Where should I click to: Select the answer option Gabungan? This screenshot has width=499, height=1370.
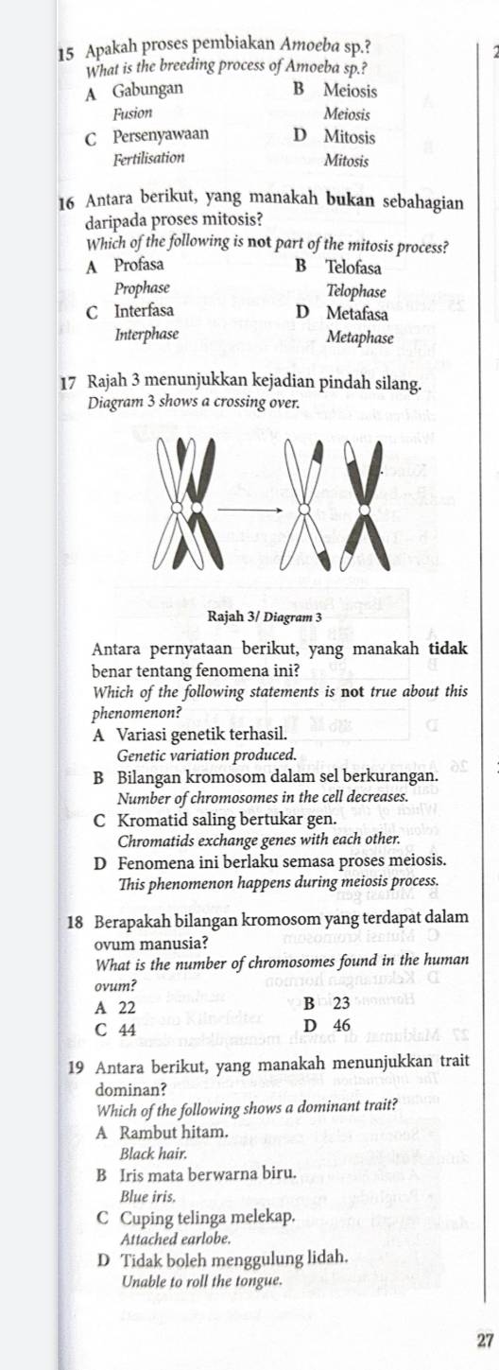coord(148,91)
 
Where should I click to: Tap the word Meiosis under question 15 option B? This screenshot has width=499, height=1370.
coord(350,92)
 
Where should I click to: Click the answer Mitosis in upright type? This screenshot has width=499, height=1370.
coord(349,137)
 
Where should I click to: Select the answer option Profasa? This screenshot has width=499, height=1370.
coord(138,265)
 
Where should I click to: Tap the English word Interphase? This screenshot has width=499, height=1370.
coord(146,335)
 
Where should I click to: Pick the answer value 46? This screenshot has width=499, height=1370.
coord(341,1026)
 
